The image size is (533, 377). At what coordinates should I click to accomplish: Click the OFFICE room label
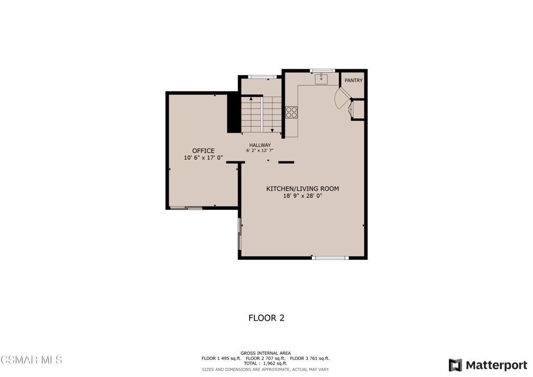[204, 150]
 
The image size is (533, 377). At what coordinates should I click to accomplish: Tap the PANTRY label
[353, 80]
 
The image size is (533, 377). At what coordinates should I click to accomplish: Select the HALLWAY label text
[260, 145]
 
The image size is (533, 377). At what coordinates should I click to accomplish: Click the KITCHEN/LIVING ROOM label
[302, 188]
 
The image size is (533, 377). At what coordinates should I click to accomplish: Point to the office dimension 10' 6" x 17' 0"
[204, 158]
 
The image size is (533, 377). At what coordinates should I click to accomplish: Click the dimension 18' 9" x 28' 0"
[302, 196]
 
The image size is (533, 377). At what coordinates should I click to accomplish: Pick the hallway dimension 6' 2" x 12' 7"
[260, 150]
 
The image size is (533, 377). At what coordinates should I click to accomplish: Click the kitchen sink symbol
[321, 79]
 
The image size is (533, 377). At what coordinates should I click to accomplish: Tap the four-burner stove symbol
[291, 112]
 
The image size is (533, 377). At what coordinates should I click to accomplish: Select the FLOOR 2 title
[266, 318]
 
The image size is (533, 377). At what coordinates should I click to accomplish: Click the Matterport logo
[488, 365]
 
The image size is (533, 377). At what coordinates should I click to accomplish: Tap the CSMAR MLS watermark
[31, 360]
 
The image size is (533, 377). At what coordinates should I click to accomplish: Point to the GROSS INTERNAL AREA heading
[266, 353]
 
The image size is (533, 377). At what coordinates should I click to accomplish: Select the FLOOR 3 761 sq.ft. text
[310, 358]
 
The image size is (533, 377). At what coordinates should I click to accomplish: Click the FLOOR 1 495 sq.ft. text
[221, 358]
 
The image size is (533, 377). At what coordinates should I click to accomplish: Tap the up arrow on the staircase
[251, 98]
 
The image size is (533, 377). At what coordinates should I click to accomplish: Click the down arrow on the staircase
[272, 131]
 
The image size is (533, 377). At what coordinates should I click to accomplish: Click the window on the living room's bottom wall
[331, 258]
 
